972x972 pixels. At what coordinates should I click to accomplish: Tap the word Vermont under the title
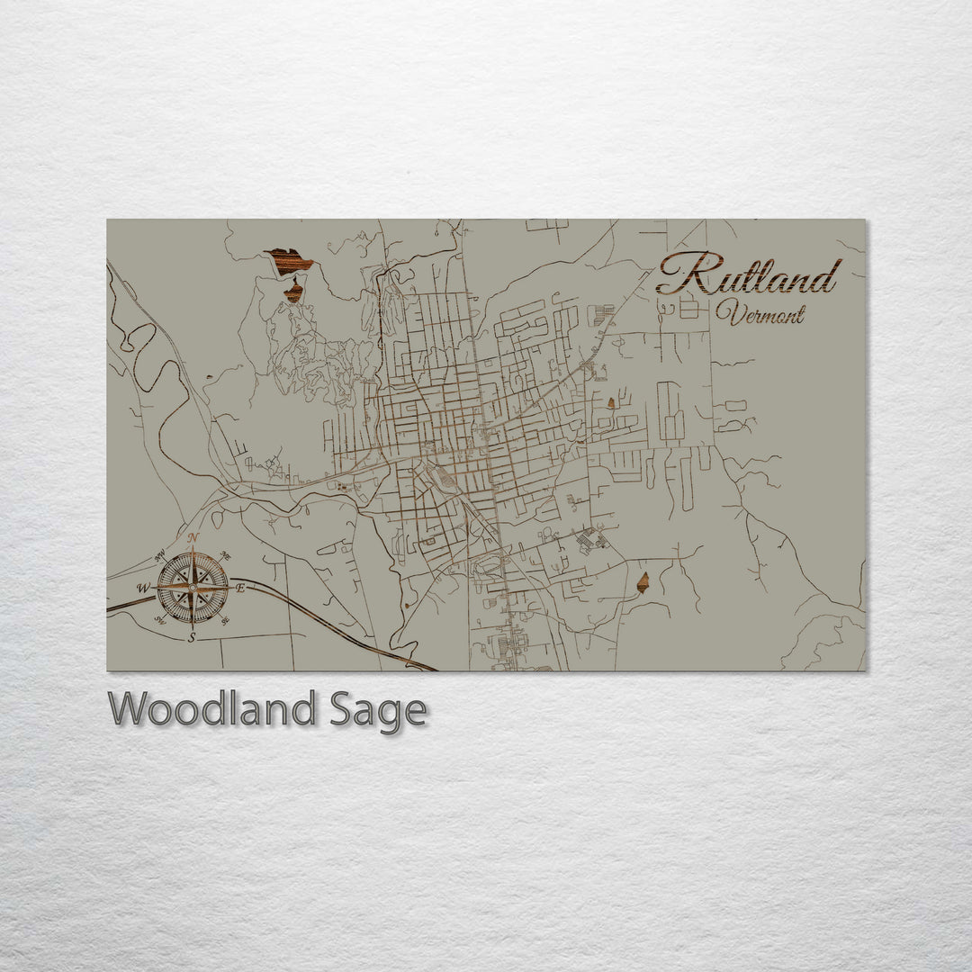click(x=760, y=314)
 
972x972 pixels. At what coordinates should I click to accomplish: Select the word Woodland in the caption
click(x=212, y=709)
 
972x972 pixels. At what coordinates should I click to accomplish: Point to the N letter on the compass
click(x=193, y=537)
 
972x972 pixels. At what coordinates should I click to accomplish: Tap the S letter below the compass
click(x=192, y=637)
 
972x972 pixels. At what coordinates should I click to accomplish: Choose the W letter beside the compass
click(x=142, y=588)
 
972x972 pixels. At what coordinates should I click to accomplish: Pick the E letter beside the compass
click(x=240, y=588)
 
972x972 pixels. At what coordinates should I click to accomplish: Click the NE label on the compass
click(x=225, y=555)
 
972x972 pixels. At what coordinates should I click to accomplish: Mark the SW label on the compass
click(x=159, y=619)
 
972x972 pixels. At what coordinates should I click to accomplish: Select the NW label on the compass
click(x=160, y=554)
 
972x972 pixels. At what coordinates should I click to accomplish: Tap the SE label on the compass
click(x=224, y=619)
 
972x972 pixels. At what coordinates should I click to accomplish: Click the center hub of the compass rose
click(x=192, y=588)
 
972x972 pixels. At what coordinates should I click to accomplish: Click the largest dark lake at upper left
click(x=289, y=261)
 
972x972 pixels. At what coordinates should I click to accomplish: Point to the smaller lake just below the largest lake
click(x=293, y=291)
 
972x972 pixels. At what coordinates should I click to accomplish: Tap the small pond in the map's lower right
click(x=643, y=582)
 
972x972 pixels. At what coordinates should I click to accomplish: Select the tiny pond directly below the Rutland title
click(x=612, y=403)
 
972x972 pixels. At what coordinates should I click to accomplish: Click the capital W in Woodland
click(x=128, y=709)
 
